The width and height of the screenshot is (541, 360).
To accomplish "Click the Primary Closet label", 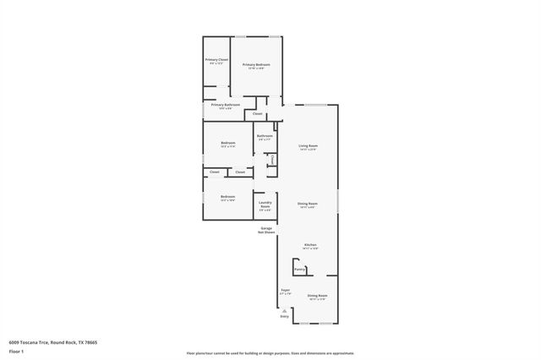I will (x=216, y=60).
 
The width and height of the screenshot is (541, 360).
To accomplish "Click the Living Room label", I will (x=307, y=145).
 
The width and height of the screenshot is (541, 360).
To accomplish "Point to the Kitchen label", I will (x=310, y=245).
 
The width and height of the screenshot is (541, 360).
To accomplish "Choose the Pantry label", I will (x=299, y=269).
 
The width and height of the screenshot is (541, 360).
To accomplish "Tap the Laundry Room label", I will (x=265, y=204).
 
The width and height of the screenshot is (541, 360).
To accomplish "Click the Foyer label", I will (x=285, y=291).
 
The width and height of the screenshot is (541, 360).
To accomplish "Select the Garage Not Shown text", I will (x=266, y=229).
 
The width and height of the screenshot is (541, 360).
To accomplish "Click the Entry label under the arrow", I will (x=284, y=316).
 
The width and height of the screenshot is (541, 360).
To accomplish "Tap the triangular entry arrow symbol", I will (x=284, y=309).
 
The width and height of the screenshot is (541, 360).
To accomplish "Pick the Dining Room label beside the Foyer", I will (x=317, y=295).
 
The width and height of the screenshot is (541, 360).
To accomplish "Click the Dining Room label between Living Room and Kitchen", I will (x=307, y=204).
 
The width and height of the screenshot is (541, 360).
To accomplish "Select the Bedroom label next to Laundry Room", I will (x=227, y=196).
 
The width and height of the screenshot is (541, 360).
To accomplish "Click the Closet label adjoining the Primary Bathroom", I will (x=257, y=113).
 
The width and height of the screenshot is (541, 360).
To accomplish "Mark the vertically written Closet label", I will (x=272, y=159).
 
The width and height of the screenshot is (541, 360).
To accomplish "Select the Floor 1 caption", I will (x=16, y=350).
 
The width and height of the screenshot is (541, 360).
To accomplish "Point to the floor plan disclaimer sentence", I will (x=270, y=353).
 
